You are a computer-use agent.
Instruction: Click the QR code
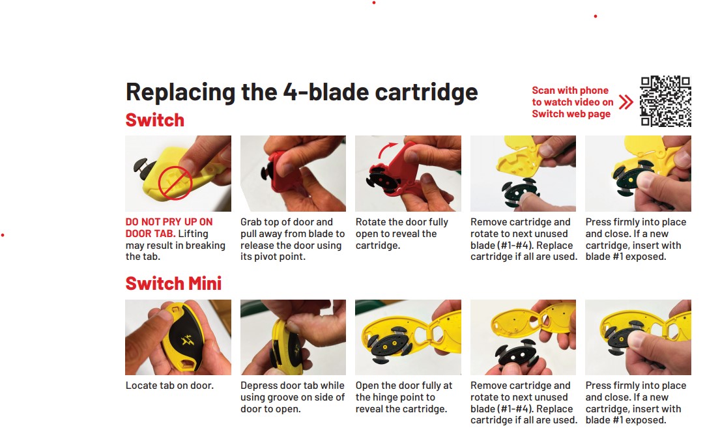tap(665, 101)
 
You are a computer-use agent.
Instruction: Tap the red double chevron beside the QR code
tap(626, 102)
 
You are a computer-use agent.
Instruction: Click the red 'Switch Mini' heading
tap(173, 283)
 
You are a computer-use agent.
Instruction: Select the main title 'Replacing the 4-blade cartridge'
tap(302, 92)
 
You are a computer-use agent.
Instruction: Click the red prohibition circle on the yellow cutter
tap(175, 183)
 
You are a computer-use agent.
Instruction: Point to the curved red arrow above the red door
tap(386, 150)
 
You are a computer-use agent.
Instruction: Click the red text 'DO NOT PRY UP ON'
tap(169, 222)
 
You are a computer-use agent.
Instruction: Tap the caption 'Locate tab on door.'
tap(169, 386)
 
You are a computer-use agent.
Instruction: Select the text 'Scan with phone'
tap(570, 91)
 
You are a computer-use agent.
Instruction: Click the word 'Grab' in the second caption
tap(251, 222)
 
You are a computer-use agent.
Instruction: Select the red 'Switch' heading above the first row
tap(154, 120)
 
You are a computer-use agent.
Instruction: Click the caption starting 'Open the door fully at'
tap(404, 397)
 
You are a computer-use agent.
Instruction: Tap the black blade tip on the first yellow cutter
tap(143, 169)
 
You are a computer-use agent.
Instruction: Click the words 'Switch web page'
tap(571, 114)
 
